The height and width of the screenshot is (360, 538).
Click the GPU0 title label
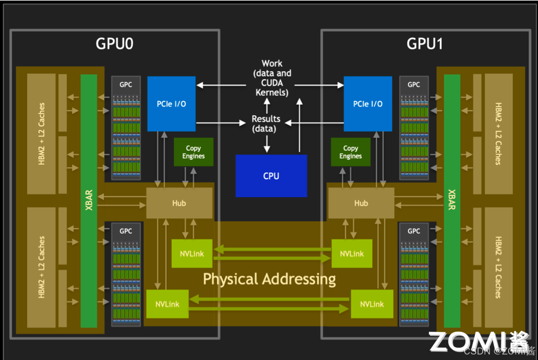coord(115,44)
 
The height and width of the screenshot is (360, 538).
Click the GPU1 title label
coord(424,44)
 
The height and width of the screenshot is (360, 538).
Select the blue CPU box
coord(271,176)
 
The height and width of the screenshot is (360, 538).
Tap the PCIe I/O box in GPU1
coord(368,104)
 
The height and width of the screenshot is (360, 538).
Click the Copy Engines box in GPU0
coord(193,152)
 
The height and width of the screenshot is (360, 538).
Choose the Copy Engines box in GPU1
coord(351,152)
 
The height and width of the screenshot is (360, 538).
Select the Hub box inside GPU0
coord(179,203)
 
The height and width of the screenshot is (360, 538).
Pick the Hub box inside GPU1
coord(361,203)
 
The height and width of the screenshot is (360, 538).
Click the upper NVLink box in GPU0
coord(192,253)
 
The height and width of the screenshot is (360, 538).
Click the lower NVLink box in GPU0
coord(167,304)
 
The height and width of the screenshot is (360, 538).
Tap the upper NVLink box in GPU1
coord(352,253)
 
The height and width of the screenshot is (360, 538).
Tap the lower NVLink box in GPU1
coord(372,304)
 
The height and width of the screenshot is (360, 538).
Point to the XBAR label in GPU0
coord(89,201)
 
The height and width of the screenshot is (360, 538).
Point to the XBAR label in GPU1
coord(452,201)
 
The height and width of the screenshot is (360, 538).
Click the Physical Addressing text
coord(269,279)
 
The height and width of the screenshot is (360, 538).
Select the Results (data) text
coord(266,123)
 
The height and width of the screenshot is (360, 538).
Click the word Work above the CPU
coord(272,64)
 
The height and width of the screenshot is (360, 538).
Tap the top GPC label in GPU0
coord(126,85)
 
